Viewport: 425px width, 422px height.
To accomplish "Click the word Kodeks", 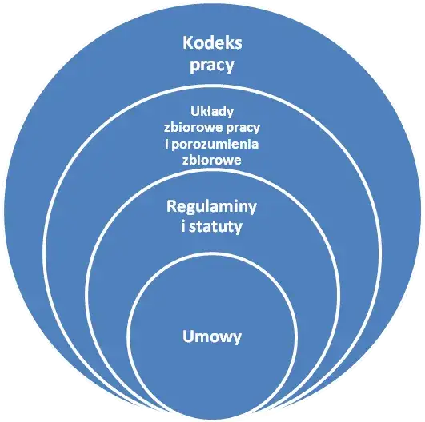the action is point(212,43).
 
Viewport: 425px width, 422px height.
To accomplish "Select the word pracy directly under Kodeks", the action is point(211,66).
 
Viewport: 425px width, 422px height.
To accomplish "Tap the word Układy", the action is point(212,111).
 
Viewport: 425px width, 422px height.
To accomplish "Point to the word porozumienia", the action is point(215,145).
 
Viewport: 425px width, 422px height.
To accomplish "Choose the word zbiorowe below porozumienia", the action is point(211,160).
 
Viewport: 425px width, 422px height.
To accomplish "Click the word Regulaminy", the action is point(211,207).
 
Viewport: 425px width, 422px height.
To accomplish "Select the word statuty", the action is point(215,226).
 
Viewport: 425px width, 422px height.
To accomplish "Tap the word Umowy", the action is point(212,336).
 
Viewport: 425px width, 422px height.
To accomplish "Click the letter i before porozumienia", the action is point(167,143).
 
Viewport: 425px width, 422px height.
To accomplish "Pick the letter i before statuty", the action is point(183,225).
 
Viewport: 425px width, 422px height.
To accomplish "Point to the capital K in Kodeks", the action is point(188,43).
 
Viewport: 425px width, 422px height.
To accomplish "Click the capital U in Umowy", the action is point(188,336).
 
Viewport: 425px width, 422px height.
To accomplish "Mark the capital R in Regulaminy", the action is point(172,206).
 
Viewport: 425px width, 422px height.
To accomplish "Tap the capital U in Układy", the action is point(194,112).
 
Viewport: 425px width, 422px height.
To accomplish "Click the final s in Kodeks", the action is point(238,45).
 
